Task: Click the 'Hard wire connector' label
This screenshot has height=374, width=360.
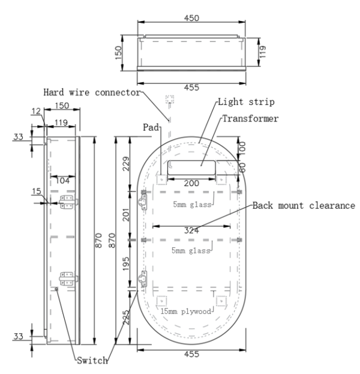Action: point(91,92)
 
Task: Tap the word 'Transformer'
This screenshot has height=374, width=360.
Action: point(250,118)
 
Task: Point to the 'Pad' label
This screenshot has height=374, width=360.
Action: point(150,127)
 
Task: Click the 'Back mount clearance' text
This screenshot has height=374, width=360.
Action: point(304,205)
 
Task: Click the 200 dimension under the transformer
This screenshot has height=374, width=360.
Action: point(191,183)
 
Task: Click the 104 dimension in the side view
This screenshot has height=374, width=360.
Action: point(62,180)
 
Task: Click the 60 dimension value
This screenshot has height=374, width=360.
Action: point(243,167)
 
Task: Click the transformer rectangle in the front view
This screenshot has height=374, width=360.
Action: point(191,167)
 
